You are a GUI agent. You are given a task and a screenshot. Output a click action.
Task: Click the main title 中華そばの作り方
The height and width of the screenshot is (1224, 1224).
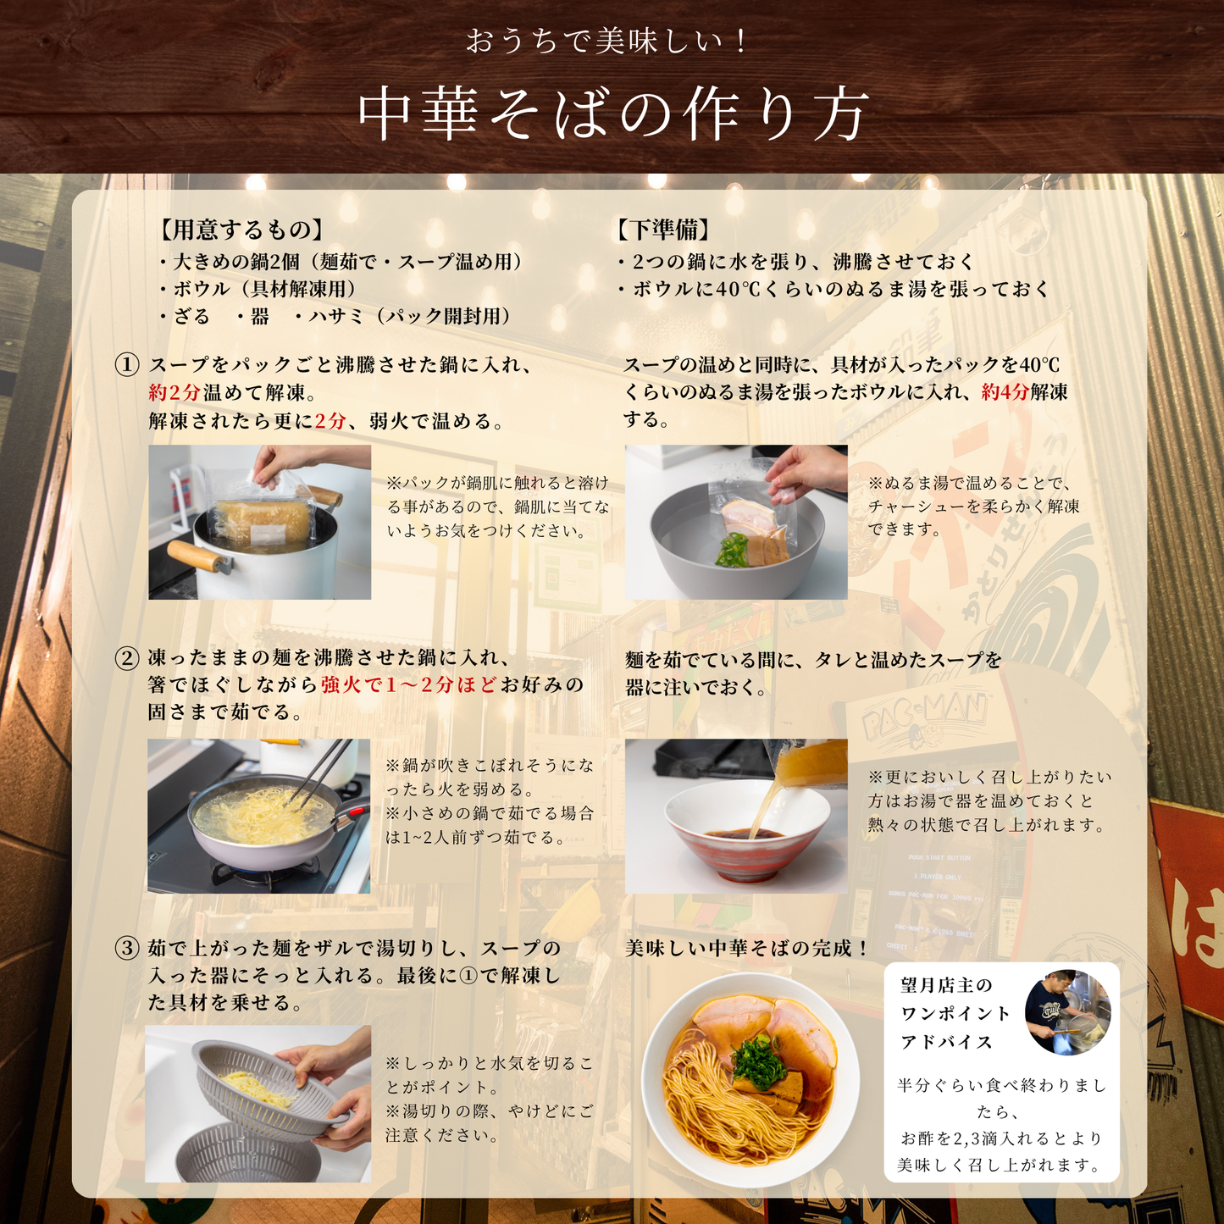click(x=612, y=115)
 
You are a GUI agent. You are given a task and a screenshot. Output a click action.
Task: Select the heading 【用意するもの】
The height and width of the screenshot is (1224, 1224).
click(x=241, y=230)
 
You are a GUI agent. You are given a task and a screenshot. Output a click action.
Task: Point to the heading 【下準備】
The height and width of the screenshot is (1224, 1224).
click(x=664, y=230)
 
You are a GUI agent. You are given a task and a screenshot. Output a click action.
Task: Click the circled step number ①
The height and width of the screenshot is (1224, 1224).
click(x=127, y=364)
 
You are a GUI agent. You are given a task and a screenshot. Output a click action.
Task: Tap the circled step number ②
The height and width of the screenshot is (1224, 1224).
click(x=127, y=658)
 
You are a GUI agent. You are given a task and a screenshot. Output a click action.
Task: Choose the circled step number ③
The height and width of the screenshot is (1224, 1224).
click(x=127, y=949)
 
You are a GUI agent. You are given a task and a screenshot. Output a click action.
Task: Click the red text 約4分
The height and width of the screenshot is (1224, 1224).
click(x=1005, y=392)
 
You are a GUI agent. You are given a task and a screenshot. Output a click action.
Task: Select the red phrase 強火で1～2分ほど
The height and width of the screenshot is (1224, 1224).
click(x=408, y=684)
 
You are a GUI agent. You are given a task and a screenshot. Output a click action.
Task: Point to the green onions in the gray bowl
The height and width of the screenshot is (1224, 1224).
click(x=733, y=550)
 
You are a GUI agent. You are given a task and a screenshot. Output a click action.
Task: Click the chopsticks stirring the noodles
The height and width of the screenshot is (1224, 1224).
click(x=318, y=772)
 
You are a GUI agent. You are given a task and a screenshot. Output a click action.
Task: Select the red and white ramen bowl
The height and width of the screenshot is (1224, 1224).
click(x=746, y=832)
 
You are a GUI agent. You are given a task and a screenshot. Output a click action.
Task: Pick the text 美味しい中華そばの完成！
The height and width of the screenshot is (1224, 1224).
click(x=747, y=949)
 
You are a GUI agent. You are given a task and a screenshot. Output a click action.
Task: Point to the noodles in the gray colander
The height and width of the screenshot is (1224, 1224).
click(x=257, y=1089)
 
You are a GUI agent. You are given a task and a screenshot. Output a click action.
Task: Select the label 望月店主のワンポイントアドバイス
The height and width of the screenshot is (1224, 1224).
click(x=955, y=1014)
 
